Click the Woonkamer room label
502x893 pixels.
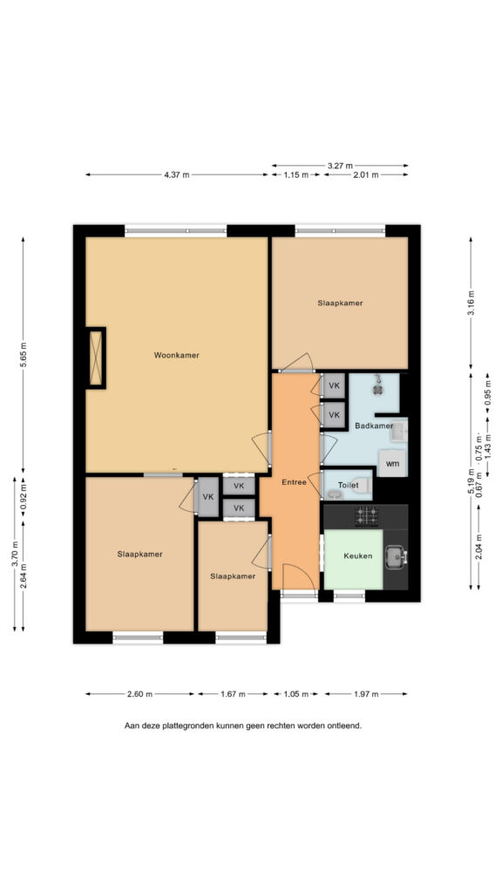[x=176, y=355]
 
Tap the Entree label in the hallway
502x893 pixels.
[x=295, y=482]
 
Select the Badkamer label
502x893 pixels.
[x=374, y=426]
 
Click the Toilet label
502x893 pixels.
[x=349, y=485]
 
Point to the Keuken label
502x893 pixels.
[x=357, y=556]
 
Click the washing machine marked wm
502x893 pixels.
[x=392, y=463]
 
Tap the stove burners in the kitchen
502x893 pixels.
[x=367, y=516]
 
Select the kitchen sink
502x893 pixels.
[x=397, y=556]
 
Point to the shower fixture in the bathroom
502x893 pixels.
[x=377, y=385]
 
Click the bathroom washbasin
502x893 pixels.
[x=399, y=432]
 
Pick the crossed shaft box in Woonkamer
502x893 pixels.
[x=96, y=358]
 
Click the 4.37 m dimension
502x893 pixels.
[x=176, y=174]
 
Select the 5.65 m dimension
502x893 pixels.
[x=24, y=355]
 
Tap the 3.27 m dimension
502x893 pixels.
[x=340, y=165]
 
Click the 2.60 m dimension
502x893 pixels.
[x=139, y=693]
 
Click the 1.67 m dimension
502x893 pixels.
[x=233, y=693]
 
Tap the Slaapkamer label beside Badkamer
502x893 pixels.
[x=341, y=303]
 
